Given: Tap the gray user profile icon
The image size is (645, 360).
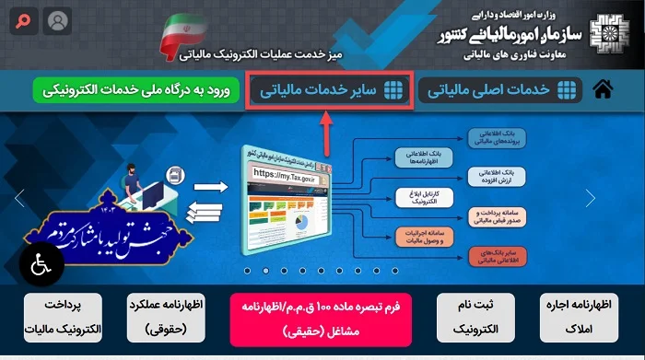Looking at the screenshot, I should click(x=56, y=19).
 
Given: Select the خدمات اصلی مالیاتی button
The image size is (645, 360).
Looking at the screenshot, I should click(x=501, y=89).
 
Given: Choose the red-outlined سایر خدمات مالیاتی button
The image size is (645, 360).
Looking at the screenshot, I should click(x=330, y=89).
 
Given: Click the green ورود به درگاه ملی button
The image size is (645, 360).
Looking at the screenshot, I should click(x=137, y=90).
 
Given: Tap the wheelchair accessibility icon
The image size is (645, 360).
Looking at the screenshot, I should click(x=41, y=263).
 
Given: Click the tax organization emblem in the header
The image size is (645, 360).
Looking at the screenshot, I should click(x=612, y=33).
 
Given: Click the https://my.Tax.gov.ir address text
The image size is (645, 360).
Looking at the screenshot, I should click(x=284, y=172).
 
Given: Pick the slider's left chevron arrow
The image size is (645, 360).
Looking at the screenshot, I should click(x=18, y=197).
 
